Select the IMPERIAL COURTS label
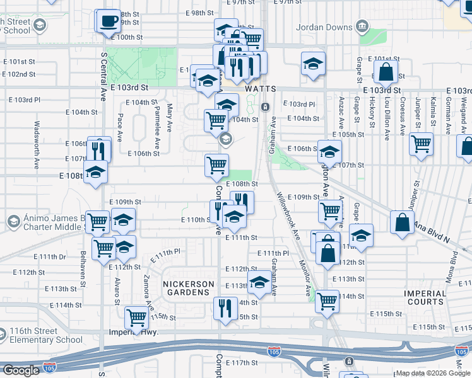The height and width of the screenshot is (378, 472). [426, 297]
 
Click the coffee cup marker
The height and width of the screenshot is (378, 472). [108, 21]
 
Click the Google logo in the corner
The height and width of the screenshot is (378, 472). [21, 370]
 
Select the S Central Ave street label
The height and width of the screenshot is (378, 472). [103, 76]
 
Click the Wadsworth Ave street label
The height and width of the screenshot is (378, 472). [37, 144]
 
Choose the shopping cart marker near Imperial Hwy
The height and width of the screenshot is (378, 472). [136, 318]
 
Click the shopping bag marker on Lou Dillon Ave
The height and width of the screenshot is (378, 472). [386, 73]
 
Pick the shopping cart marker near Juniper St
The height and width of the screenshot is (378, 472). [421, 143]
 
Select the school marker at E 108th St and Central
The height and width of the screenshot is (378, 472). [95, 171]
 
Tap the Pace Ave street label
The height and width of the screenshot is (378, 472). [119, 128]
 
